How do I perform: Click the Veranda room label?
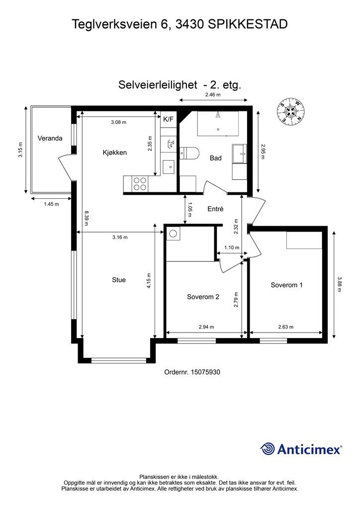pos(50,138)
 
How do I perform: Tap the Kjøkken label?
pos(114,153)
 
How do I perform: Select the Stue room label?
pos(119,280)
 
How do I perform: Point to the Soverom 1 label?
pos(286,285)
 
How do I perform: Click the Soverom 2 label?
pos(203,297)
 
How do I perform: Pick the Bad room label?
pos(215,158)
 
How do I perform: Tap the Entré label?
pos(215,209)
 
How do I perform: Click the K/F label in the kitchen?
pos(168,119)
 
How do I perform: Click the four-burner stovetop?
pos(140,184)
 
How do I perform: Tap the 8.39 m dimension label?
pos(87,218)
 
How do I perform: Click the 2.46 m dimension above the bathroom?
pos(213,95)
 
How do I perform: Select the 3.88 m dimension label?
pos(340,284)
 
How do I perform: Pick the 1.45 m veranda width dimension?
pos(51,204)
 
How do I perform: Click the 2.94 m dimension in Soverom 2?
pos(206,327)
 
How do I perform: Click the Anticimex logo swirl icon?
pos(268,449)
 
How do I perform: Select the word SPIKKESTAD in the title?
pos(248,24)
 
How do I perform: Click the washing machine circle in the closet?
pos(173,234)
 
